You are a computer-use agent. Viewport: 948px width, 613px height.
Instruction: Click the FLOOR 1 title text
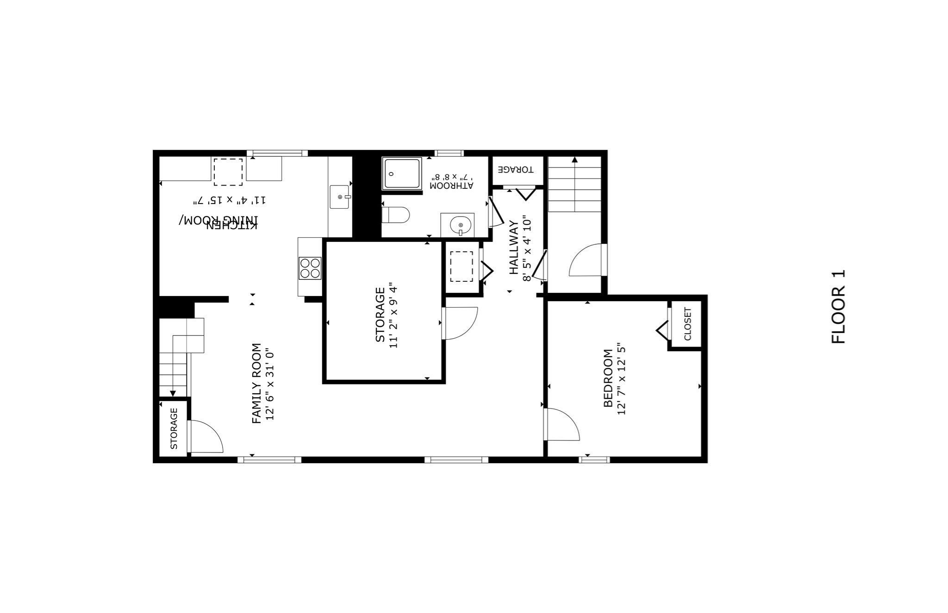click(838, 306)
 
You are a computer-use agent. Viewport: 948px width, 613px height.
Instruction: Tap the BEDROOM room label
click(608, 378)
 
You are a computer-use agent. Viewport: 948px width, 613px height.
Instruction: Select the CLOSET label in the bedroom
click(687, 323)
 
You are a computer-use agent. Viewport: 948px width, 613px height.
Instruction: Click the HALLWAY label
click(514, 248)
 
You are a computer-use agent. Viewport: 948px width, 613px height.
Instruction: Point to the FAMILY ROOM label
click(256, 383)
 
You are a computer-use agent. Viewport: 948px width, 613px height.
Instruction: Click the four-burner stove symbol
click(310, 268)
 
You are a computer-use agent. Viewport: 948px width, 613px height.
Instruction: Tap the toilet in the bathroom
click(396, 215)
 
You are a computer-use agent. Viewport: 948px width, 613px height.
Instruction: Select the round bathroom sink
click(460, 225)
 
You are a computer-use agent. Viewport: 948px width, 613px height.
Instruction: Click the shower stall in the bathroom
click(402, 173)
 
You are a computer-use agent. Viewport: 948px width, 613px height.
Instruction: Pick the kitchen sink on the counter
click(340, 197)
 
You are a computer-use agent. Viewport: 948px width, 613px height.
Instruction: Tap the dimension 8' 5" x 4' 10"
click(527, 248)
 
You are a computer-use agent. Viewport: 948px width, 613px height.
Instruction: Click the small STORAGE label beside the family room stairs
click(174, 428)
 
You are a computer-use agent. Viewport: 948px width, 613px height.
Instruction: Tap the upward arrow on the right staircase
click(574, 160)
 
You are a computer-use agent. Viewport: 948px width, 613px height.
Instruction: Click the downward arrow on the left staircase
click(173, 393)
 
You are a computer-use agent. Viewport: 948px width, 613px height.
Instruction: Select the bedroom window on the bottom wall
click(594, 459)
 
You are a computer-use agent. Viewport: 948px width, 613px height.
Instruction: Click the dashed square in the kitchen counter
click(228, 172)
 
